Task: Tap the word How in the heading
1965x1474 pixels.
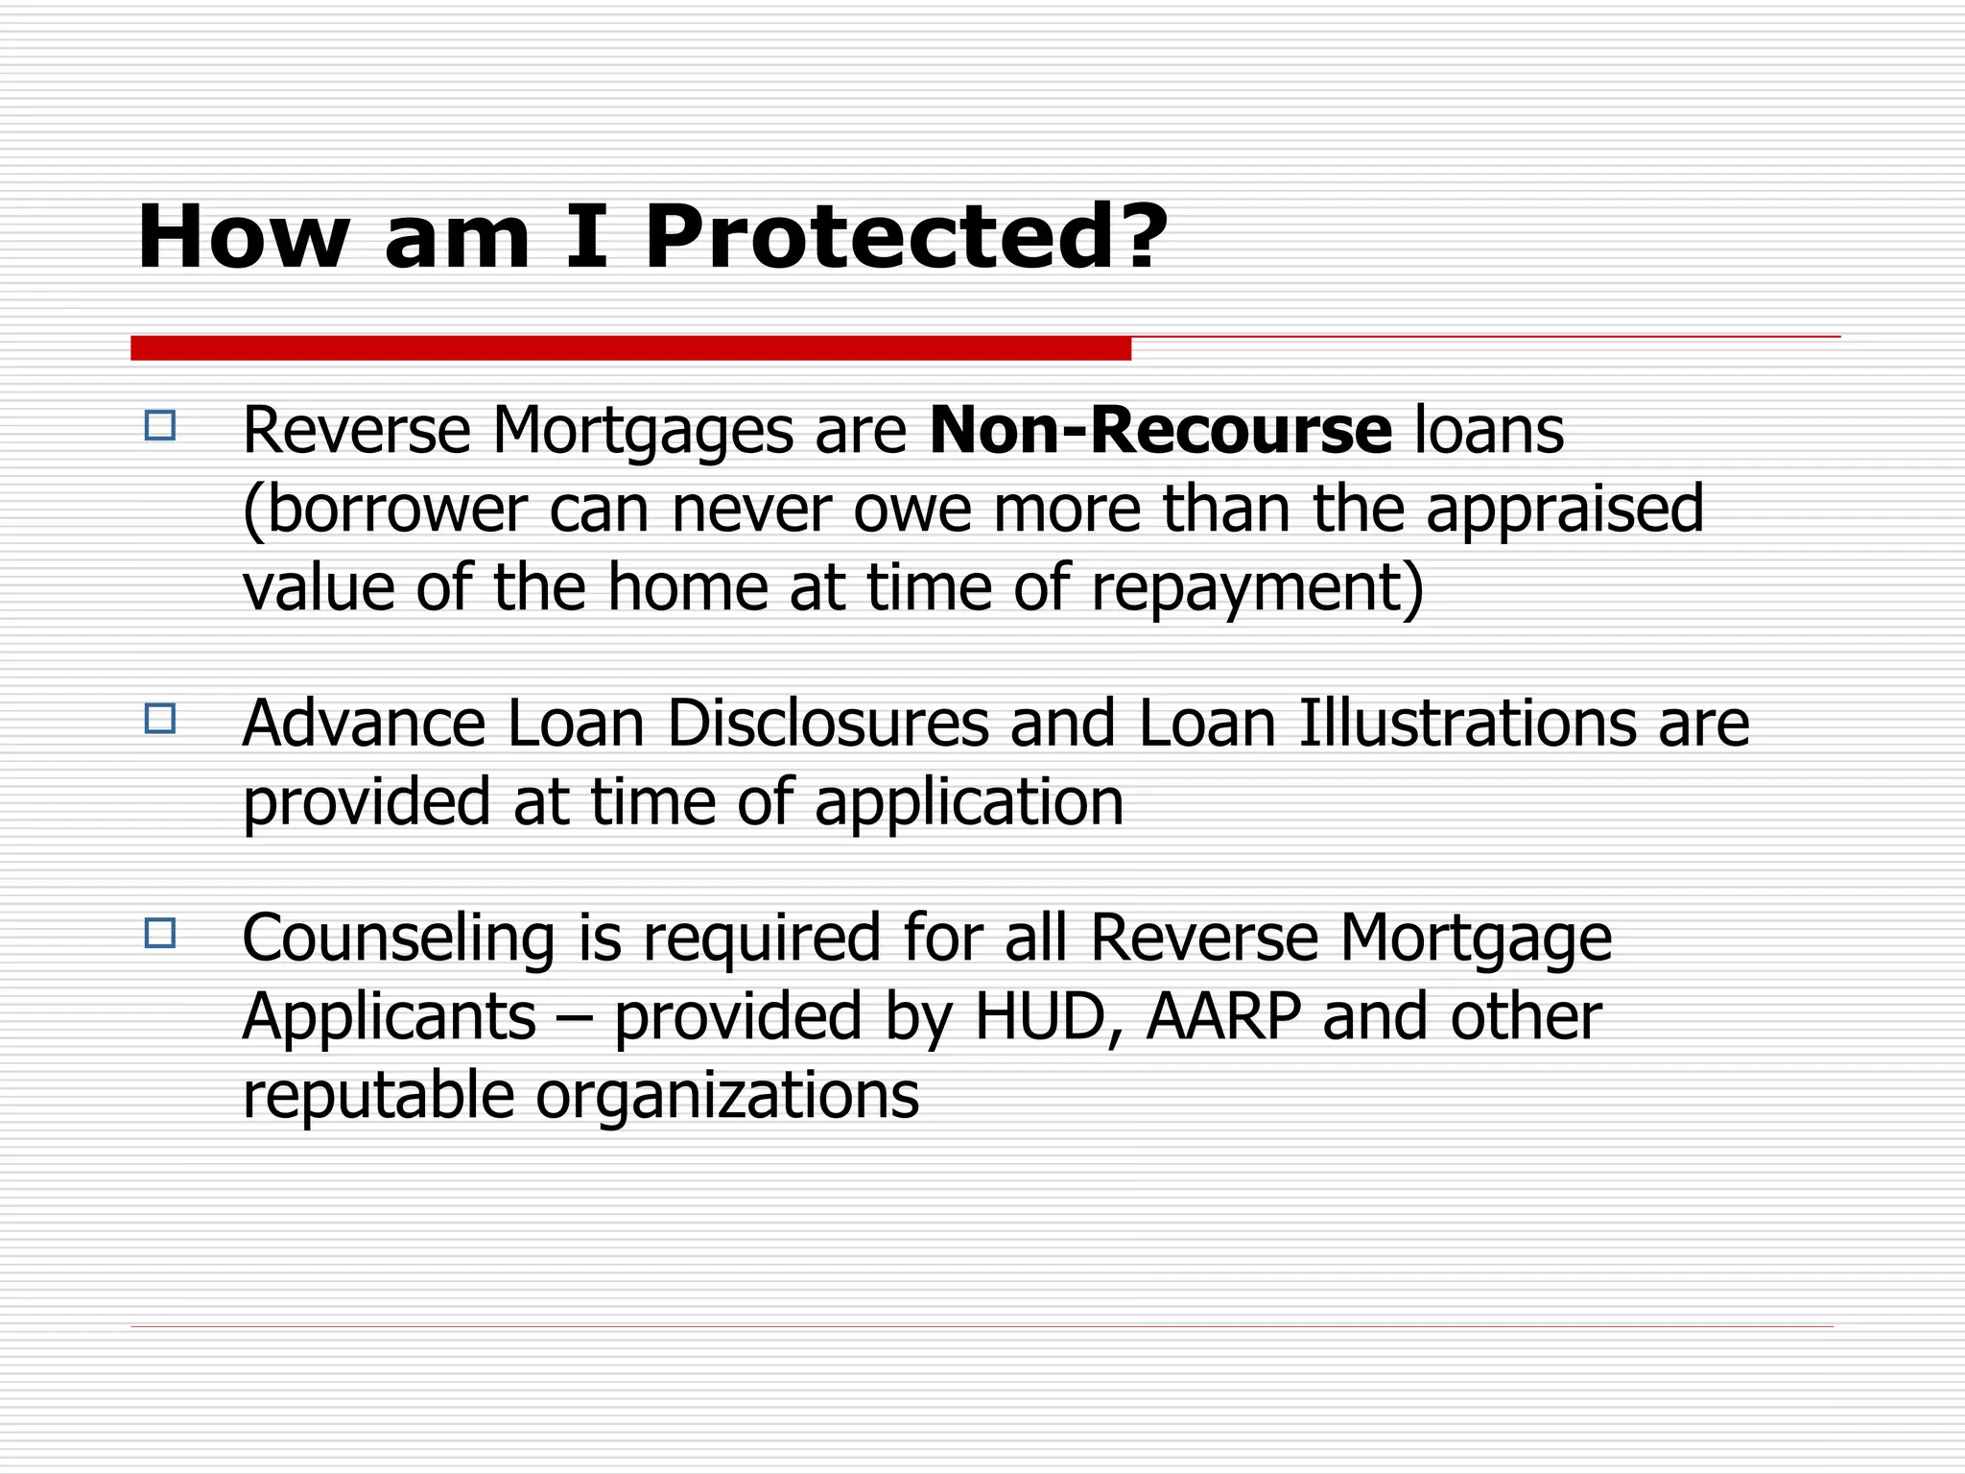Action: [244, 237]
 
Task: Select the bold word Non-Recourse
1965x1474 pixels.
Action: [1161, 430]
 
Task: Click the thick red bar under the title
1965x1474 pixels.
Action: [630, 348]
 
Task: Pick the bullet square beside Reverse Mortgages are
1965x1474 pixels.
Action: [160, 425]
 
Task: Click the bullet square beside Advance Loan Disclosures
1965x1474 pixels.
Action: [160, 719]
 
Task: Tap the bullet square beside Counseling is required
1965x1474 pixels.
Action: [160, 933]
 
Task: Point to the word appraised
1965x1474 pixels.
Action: [1565, 510]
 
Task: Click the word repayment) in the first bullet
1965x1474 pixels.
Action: [1258, 587]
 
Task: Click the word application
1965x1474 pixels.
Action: [969, 802]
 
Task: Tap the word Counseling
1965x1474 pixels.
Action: [399, 938]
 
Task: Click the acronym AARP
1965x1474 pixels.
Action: [1223, 1016]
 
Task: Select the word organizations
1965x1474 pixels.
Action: [727, 1096]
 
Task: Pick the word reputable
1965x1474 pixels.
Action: [378, 1096]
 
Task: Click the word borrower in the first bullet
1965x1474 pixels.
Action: [396, 510]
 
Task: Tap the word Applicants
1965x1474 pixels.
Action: [390, 1016]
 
